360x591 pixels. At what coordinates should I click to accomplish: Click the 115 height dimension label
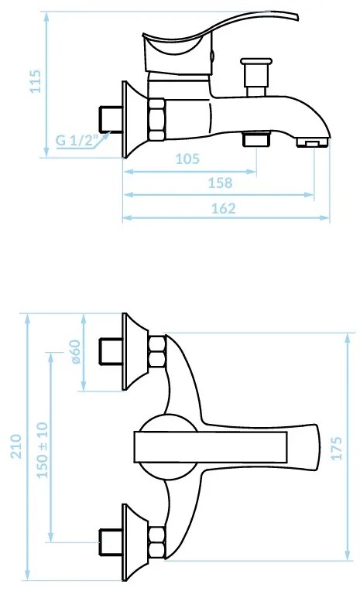(35, 81)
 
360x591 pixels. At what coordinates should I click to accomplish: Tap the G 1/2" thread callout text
(77, 140)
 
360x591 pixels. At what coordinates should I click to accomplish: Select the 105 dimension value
(187, 159)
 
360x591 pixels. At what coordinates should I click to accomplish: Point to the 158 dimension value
(221, 183)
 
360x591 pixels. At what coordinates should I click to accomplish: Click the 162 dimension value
(224, 208)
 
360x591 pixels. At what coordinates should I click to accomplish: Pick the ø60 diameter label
(75, 352)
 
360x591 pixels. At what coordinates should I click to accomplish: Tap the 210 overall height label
(15, 446)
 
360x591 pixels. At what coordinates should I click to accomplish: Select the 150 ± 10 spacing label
(43, 450)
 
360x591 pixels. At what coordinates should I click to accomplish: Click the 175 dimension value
(336, 448)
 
